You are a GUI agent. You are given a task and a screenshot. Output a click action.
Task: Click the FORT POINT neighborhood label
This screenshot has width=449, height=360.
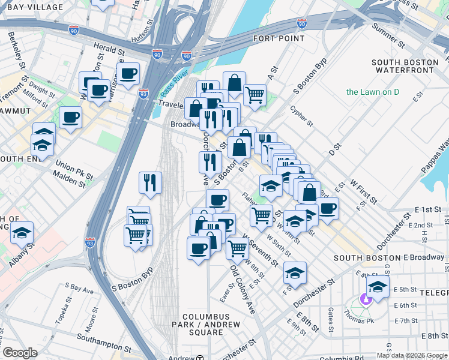pos(274,38)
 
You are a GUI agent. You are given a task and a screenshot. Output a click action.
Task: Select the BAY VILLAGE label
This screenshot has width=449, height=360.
pos(31,7)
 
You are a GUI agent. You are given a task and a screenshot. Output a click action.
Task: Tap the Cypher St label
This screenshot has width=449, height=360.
pos(301,116)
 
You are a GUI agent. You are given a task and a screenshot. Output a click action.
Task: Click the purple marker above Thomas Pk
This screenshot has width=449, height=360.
pos(365,298)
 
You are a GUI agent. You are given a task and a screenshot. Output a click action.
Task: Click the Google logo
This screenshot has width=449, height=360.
pos(20,353)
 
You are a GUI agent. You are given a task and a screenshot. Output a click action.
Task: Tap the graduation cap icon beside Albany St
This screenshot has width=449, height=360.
pos(22,233)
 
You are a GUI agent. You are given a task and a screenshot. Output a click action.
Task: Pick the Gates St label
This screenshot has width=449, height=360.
pos(331,314)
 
